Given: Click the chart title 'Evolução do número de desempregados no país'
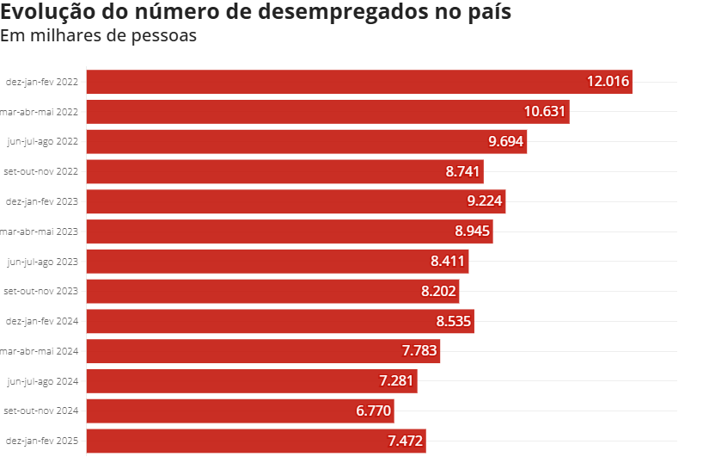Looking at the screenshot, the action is click(255, 12).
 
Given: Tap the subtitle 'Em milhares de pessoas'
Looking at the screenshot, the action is click(98, 36).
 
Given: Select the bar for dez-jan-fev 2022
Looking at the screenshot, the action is click(359, 82).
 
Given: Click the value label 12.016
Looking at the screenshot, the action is click(608, 81).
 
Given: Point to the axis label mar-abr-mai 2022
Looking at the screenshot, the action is click(39, 112).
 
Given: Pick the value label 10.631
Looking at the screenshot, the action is click(545, 111).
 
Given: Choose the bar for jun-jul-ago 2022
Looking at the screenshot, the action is click(307, 141).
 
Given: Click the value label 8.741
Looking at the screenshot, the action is click(462, 171).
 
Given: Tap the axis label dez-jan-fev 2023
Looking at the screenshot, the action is click(42, 201).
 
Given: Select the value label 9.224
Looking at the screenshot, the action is click(485, 201).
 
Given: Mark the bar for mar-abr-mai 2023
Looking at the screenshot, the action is click(290, 231).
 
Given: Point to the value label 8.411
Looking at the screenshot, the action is click(448, 261).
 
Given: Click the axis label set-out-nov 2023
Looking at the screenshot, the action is click(40, 291).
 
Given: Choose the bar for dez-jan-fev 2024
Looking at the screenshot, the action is click(280, 321).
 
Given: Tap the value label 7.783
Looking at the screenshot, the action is click(419, 350).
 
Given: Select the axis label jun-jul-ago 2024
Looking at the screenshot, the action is click(43, 382).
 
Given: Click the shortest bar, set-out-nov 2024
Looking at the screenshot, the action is click(241, 411).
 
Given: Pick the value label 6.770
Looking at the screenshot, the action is click(374, 411).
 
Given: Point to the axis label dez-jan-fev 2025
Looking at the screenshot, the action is click(42, 441).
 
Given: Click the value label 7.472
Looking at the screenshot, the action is click(406, 441).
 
